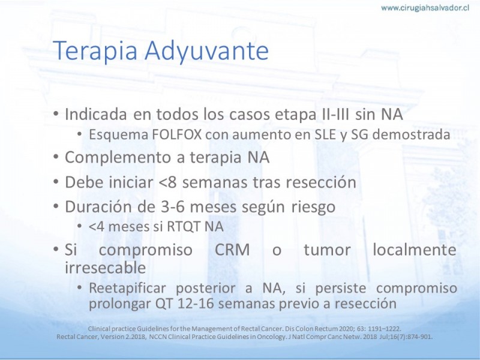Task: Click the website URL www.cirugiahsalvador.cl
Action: point(425,8)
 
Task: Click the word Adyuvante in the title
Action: point(206,50)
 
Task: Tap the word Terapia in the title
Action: point(95,51)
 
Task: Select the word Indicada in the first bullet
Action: point(96,114)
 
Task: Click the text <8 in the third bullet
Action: point(168,182)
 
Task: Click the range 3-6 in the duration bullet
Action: point(173,207)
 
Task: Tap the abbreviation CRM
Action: point(232,250)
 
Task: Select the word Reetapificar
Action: point(127,289)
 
